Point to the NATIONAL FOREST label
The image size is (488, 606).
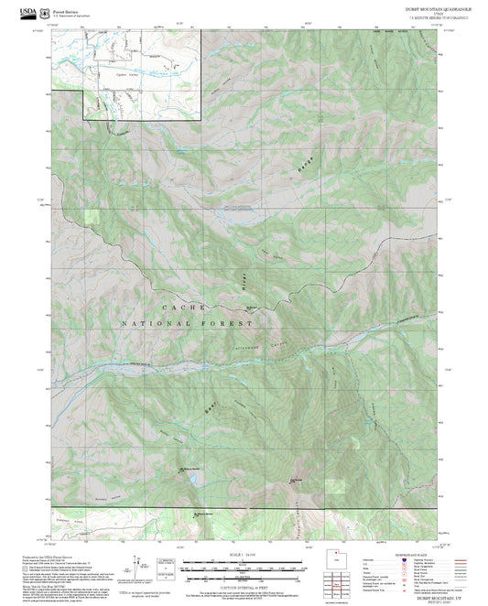tap(187, 324)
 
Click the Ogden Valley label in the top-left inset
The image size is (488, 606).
tap(134, 74)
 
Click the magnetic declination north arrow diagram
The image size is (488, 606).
tap(140, 564)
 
